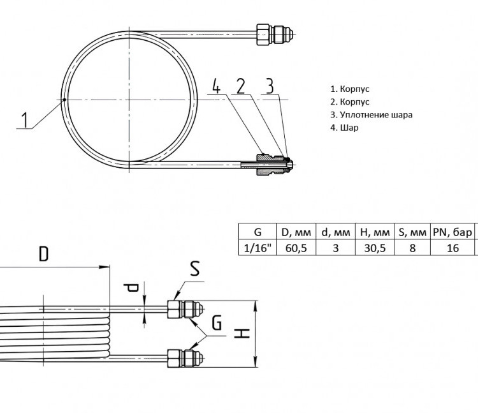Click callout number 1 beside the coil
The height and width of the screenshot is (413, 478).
click(x=25, y=119)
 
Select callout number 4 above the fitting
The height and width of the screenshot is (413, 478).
click(x=216, y=86)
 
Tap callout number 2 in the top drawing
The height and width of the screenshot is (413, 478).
click(x=241, y=86)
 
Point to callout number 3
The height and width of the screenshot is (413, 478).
click(x=270, y=86)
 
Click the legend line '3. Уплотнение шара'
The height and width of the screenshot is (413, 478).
click(x=372, y=115)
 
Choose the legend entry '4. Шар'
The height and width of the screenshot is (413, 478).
click(x=344, y=128)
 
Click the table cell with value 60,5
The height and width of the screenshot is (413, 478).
click(x=296, y=248)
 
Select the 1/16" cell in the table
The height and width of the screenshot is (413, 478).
click(x=257, y=248)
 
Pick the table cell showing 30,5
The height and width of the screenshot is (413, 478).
click(x=375, y=248)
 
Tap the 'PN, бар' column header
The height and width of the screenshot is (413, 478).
click(x=453, y=232)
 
